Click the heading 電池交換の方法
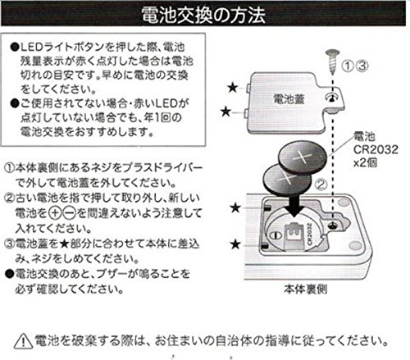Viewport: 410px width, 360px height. click(203, 15)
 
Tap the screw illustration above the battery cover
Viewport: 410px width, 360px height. click(333, 62)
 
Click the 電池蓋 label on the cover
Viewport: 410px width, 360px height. click(289, 98)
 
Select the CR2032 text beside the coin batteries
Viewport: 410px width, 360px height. click(376, 149)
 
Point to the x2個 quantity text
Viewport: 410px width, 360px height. click(366, 163)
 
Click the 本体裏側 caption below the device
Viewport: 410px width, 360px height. click(305, 289)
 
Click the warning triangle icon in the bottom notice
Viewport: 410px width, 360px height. click(23, 340)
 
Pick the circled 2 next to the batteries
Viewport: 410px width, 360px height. click(321, 185)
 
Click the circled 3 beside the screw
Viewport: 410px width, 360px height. click(362, 66)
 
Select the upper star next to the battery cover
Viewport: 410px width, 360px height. click(232, 88)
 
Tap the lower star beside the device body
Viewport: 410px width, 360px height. click(235, 244)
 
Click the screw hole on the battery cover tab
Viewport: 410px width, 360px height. click(331, 98)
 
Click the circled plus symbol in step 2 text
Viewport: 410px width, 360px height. click(55, 213)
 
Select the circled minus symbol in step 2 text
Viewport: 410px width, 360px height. click(70, 213)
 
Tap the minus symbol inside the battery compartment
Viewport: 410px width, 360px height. click(276, 235)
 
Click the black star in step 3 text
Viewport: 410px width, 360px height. click(65, 244)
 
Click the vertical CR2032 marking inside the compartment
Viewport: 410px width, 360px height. click(310, 234)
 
